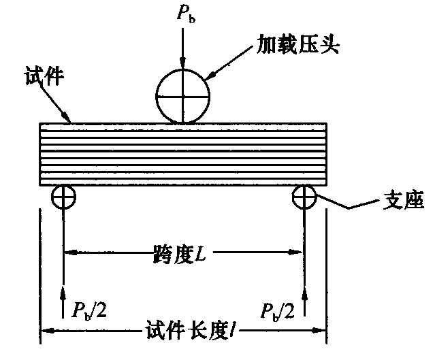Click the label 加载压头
(x=297, y=44)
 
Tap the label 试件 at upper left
(x=44, y=76)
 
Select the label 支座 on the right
(x=404, y=200)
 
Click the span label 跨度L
(x=180, y=254)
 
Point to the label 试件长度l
(x=191, y=330)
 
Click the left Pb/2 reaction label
(x=88, y=310)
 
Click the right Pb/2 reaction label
(x=278, y=312)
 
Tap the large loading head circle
(x=183, y=69)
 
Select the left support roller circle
(x=52, y=197)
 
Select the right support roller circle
(x=293, y=197)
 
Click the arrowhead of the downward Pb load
(x=182, y=63)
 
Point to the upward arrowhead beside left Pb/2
(x=63, y=293)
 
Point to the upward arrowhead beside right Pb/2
(x=304, y=294)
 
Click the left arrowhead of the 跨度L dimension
(x=71, y=252)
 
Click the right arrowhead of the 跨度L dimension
(x=295, y=252)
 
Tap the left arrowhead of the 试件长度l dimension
(x=48, y=331)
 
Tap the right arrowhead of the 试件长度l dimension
(x=319, y=331)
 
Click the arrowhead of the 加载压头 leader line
(x=212, y=76)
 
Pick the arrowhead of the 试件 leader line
(x=66, y=116)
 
